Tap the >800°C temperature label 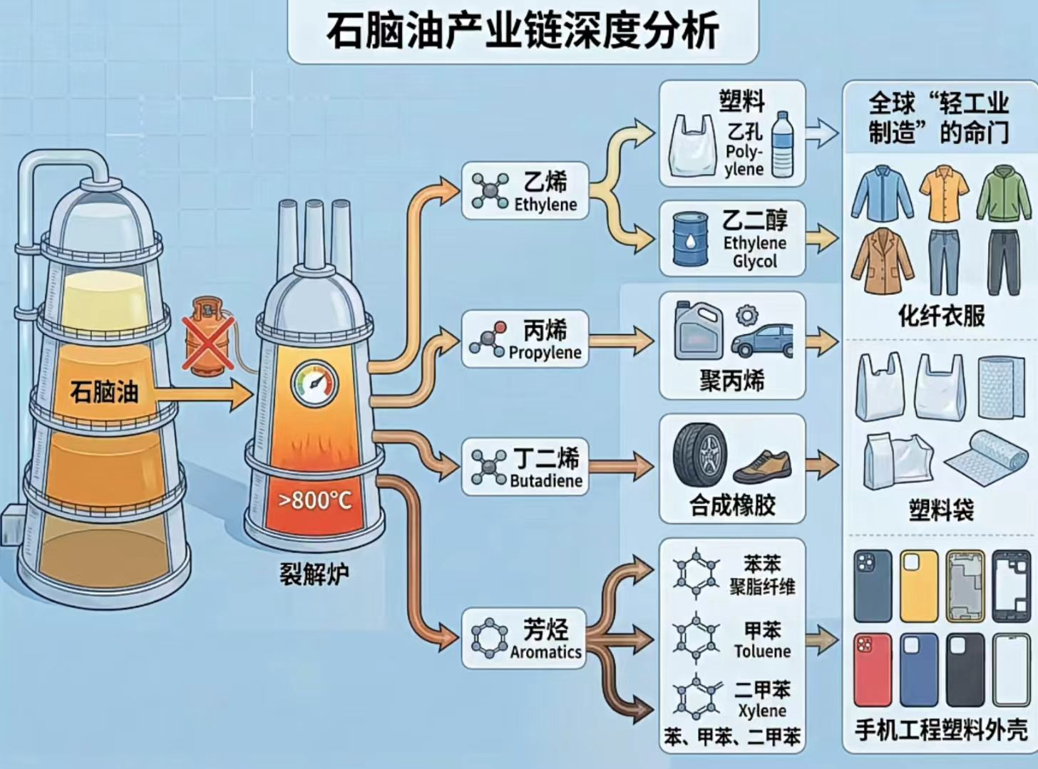pos(314,500)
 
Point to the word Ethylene pos(545,205)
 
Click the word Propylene pos(545,352)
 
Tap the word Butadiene pos(545,480)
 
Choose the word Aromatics pos(545,651)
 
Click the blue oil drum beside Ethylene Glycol pos(691,239)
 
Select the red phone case pos(872,669)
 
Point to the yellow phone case pos(919,585)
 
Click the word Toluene pos(762,651)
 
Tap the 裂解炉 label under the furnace pos(314,573)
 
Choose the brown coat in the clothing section pos(881,261)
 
